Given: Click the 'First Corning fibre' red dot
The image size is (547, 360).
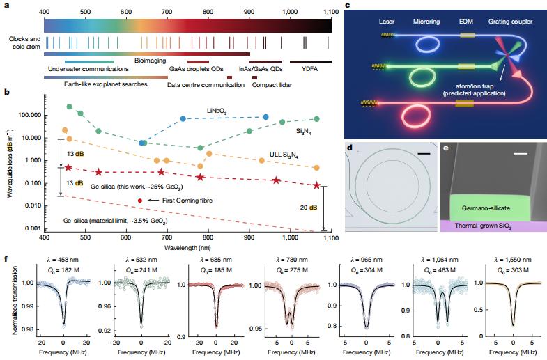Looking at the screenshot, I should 141,201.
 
